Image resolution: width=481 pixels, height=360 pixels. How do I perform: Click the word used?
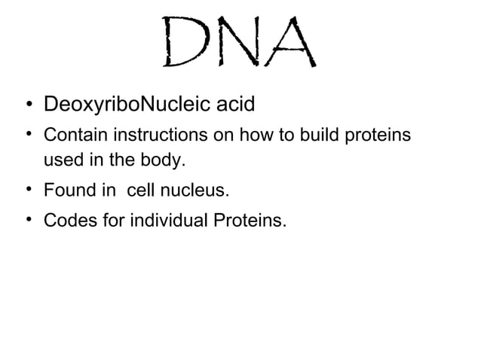coord(63,160)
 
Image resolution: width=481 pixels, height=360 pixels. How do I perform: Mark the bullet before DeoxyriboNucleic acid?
coord(27,103)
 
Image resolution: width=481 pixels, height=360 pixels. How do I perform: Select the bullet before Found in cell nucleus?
coord(27,190)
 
